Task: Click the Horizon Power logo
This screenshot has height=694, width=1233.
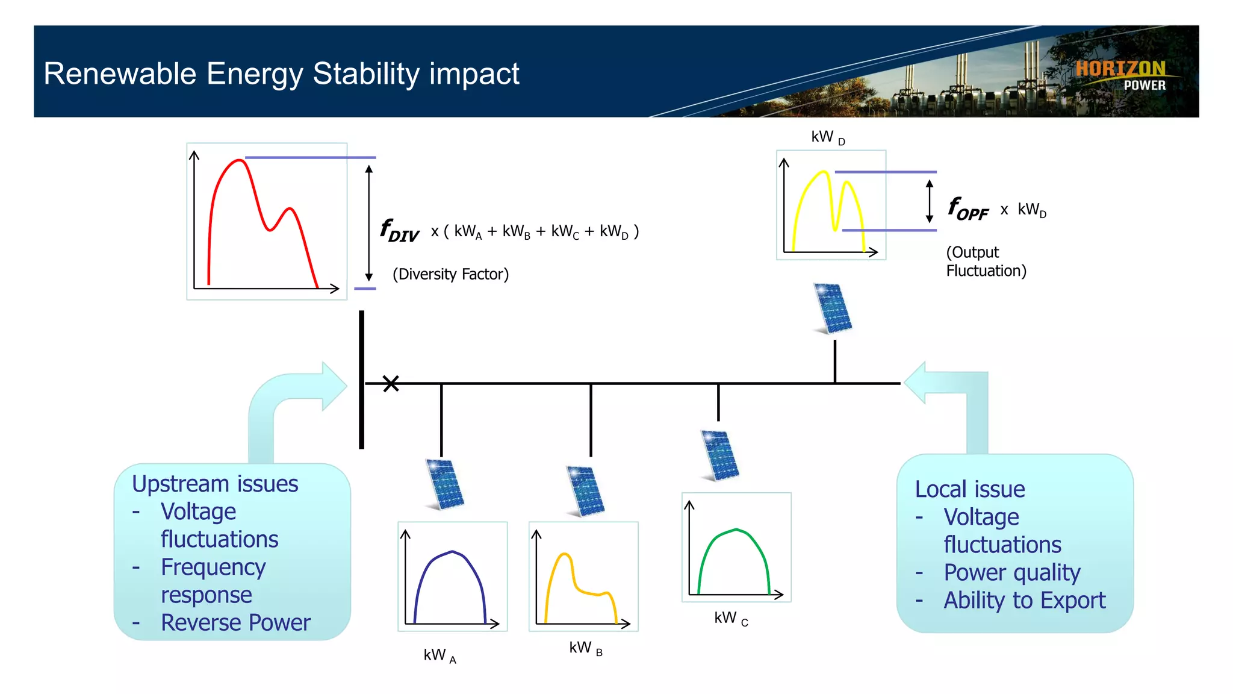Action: point(1121,75)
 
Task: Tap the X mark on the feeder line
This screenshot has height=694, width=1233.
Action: point(391,384)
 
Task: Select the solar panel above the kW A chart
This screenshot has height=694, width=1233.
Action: point(445,484)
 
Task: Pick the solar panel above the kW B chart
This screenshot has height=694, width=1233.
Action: point(585,491)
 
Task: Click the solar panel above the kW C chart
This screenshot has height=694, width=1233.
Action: point(720,455)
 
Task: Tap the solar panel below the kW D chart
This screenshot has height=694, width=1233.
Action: point(833,308)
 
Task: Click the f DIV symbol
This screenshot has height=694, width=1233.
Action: point(399,231)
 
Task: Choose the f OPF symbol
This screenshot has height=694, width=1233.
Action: point(967,209)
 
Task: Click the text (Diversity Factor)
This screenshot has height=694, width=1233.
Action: point(450,274)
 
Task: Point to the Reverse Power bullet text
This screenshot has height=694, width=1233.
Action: point(235,622)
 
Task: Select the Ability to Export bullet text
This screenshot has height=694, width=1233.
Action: point(1024,600)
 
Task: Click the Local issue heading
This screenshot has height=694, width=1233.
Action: point(969,489)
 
